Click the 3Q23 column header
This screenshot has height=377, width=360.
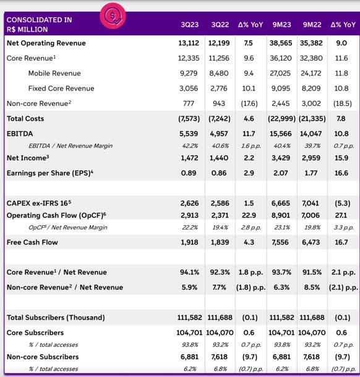190,25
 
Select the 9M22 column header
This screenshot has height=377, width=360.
312,25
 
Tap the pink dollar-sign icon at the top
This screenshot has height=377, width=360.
113,16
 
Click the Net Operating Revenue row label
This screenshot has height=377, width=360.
46,43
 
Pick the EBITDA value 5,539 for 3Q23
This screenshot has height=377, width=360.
189,134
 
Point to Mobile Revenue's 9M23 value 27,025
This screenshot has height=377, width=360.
280,73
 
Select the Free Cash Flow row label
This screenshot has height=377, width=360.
32,242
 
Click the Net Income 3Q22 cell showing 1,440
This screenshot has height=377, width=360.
219,158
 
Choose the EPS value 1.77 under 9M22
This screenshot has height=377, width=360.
311,173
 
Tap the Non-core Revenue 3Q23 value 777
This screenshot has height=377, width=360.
189,103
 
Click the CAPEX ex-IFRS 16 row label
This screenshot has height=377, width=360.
39,203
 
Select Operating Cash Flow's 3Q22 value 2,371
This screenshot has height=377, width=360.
220,215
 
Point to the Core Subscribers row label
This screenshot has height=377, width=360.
35,332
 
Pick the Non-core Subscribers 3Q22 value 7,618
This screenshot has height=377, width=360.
219,357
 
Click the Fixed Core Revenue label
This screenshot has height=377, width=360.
61,89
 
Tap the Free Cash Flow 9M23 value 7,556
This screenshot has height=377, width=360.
280,242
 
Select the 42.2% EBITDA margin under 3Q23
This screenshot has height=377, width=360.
190,145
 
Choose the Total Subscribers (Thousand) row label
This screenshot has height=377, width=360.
56,318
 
